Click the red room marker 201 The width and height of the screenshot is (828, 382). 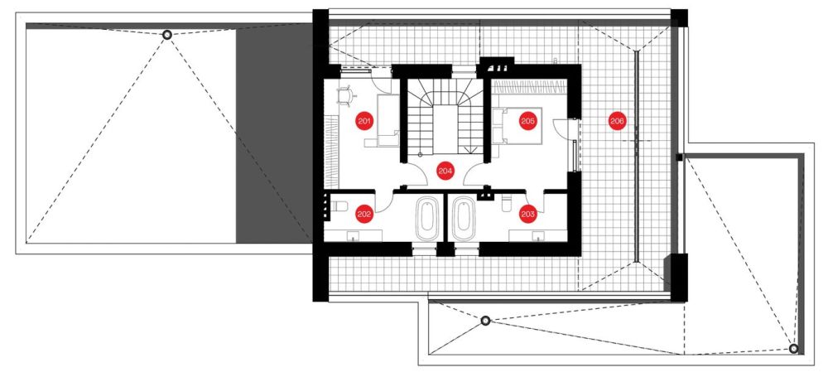[364, 121]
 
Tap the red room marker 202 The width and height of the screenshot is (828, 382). [364, 214]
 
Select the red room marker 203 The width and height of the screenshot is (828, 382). [528, 214]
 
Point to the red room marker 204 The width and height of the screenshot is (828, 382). [445, 171]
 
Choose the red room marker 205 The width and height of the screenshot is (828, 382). [528, 121]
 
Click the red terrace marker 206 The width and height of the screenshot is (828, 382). [617, 121]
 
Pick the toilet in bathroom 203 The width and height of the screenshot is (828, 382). [507, 203]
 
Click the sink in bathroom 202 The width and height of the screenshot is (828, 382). [353, 236]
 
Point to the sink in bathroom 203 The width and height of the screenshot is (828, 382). [539, 236]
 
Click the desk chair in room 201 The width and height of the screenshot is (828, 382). [345, 97]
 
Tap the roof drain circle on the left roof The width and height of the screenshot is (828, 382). [167, 35]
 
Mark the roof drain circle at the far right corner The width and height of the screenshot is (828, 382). [793, 349]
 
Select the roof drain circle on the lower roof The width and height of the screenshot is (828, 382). [485, 320]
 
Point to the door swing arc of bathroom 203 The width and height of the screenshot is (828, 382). [534, 203]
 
